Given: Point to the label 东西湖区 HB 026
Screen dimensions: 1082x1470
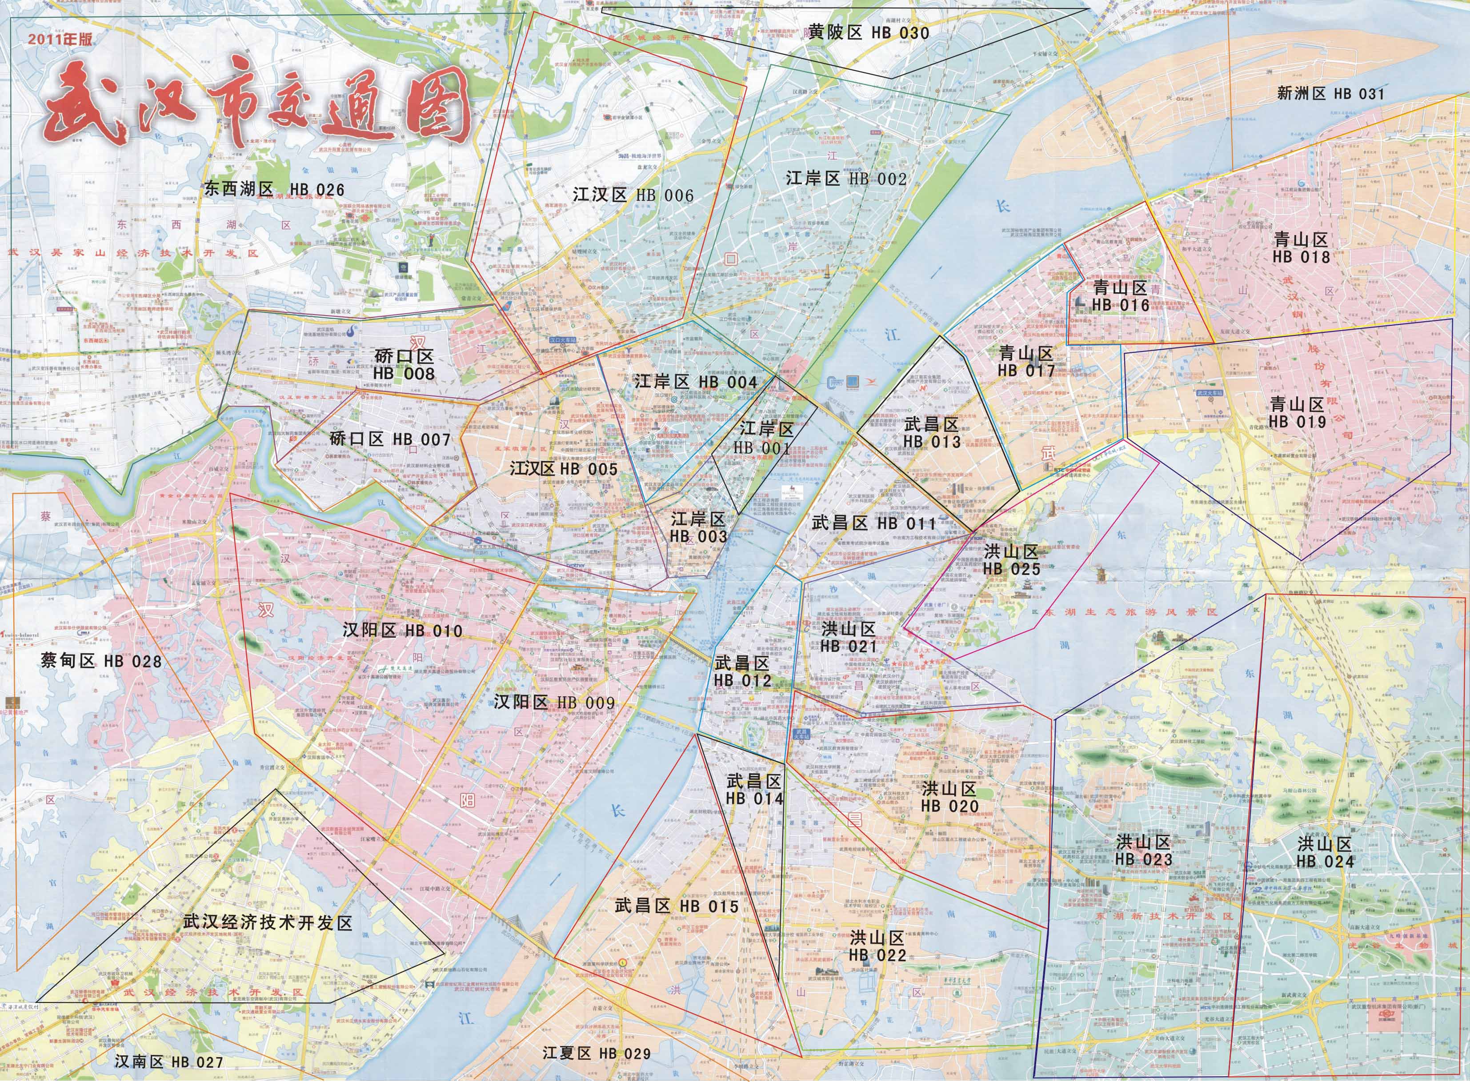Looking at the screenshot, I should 274,190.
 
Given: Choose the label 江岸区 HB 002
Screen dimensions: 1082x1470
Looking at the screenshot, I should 846,179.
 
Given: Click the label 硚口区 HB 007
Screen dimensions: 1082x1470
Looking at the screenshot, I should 390,439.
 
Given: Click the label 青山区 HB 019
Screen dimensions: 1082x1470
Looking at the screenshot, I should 1297,413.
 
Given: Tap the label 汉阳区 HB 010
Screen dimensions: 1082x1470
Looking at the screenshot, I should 402,631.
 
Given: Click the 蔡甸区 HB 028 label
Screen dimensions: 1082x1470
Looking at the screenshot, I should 101,661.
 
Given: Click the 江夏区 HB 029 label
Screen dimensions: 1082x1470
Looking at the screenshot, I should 596,1053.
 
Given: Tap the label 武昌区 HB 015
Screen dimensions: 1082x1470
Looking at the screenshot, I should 676,906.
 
